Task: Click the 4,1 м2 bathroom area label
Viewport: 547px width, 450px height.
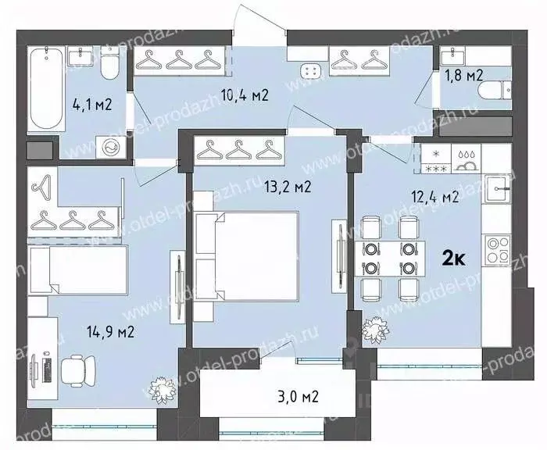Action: [x=92, y=104]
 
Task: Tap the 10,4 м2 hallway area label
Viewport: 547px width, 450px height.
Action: [x=245, y=95]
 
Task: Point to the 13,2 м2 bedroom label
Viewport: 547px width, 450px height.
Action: [x=288, y=187]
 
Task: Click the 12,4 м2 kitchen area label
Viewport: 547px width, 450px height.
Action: [x=434, y=198]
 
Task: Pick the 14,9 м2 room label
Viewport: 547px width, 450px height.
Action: [x=110, y=332]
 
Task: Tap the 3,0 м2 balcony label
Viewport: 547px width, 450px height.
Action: [x=299, y=397]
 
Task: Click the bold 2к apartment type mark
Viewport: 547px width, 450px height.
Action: [x=453, y=259]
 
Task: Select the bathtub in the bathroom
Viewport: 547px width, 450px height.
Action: [x=46, y=89]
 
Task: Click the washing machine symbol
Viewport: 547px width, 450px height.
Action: [x=111, y=148]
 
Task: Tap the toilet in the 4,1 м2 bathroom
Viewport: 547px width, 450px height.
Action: [x=110, y=62]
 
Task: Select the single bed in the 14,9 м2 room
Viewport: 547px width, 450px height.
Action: [x=78, y=270]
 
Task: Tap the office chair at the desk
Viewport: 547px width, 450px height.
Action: [x=78, y=371]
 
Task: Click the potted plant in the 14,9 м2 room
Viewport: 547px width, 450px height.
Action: [x=163, y=390]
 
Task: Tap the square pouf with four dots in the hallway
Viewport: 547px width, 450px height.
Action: [x=310, y=72]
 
